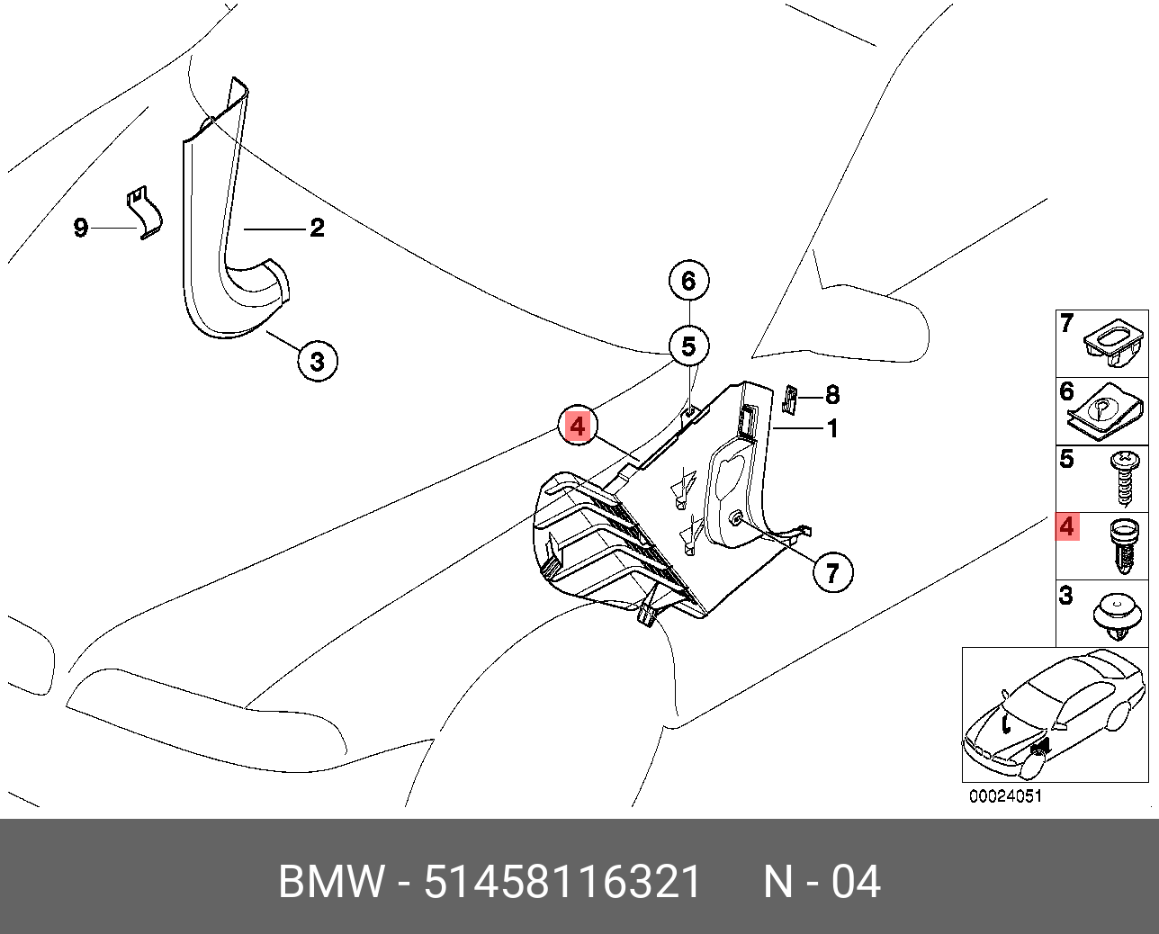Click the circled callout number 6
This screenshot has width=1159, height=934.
[688, 281]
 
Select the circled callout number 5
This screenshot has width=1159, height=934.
[688, 346]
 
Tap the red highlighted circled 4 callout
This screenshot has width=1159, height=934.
[577, 426]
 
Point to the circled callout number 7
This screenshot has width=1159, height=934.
[832, 572]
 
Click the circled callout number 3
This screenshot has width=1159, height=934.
[317, 363]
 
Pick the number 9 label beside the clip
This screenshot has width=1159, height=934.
[81, 229]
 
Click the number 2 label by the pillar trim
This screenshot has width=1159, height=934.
[317, 229]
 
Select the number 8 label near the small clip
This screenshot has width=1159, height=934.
[832, 394]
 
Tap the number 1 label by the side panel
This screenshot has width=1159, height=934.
[832, 429]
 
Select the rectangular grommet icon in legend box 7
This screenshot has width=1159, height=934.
[1116, 346]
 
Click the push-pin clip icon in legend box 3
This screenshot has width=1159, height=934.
[1119, 615]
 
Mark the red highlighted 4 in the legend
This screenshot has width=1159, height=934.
[1067, 526]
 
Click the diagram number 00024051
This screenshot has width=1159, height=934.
[1005, 796]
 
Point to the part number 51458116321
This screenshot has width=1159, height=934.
[562, 882]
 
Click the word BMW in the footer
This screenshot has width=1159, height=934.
[330, 882]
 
